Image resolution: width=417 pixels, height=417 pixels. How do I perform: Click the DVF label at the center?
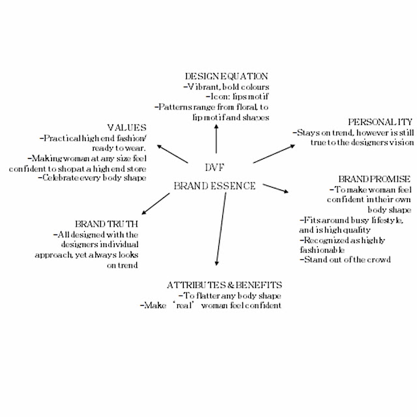click(x=214, y=167)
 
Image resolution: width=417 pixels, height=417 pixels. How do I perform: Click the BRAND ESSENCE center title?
click(x=214, y=186)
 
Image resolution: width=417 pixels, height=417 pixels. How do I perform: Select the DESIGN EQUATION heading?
click(x=227, y=76)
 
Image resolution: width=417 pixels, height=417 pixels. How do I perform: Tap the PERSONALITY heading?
click(x=381, y=122)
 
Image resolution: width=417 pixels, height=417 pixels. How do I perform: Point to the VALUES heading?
click(x=126, y=128)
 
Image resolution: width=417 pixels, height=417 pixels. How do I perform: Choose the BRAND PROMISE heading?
click(x=374, y=179)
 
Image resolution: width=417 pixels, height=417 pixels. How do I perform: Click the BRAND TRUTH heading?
click(x=106, y=224)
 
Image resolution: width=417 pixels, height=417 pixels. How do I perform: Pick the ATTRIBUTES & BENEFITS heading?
click(x=224, y=285)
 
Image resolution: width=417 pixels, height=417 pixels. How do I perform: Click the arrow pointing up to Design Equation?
click(x=216, y=139)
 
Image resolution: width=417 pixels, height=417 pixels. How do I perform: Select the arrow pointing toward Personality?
click(x=274, y=154)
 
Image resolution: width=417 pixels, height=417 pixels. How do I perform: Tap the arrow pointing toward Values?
click(x=173, y=154)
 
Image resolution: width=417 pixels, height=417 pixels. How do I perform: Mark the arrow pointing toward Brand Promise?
click(x=276, y=188)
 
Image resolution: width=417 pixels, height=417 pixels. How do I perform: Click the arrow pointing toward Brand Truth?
click(x=156, y=204)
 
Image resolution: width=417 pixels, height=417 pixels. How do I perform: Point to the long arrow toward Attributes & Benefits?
click(x=221, y=229)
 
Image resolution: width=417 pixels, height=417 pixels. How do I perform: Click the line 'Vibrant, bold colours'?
click(x=226, y=87)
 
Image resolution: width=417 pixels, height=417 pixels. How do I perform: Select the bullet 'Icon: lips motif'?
click(x=237, y=96)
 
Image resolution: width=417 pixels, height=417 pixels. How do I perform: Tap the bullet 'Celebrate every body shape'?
click(x=92, y=178)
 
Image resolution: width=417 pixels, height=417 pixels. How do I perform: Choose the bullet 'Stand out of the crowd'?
click(x=345, y=259)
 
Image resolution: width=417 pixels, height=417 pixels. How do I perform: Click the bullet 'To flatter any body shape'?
click(x=230, y=295)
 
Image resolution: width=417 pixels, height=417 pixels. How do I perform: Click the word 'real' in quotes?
click(x=184, y=306)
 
